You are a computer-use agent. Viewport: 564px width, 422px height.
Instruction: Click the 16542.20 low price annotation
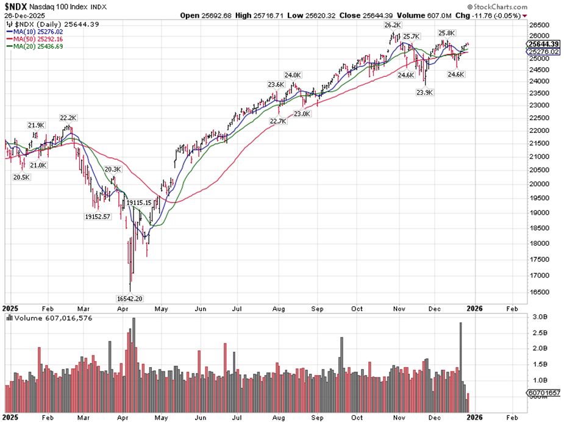pos(130,299)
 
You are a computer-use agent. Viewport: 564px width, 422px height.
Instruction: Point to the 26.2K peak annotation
pos(392,25)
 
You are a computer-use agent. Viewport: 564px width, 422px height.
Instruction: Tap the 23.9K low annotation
pos(425,92)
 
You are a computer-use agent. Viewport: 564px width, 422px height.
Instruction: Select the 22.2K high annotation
pos(68,117)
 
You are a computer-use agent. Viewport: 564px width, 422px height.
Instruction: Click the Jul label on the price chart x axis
pos(238,309)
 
